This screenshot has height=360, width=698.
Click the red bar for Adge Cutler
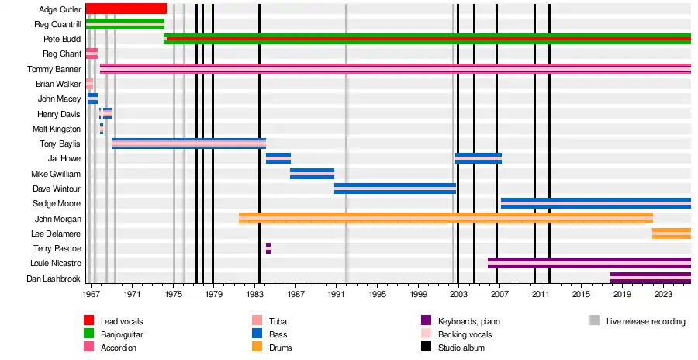[x=126, y=9]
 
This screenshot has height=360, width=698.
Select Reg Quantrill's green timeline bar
[x=125, y=24]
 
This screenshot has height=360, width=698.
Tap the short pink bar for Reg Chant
[x=92, y=54]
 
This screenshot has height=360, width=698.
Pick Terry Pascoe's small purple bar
[x=268, y=248]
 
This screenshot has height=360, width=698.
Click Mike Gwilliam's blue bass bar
[x=312, y=174]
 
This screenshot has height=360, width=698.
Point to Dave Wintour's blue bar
[x=395, y=189]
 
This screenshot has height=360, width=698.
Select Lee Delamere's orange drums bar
[x=671, y=234]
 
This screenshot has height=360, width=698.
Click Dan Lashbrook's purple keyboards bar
[x=650, y=278]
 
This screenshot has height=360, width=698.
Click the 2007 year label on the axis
[x=499, y=295]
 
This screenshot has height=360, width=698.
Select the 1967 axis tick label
[x=92, y=295]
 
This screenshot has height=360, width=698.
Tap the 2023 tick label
[x=663, y=295]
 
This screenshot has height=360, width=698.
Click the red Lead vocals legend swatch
[x=89, y=320]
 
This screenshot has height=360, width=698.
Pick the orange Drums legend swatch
[x=256, y=348]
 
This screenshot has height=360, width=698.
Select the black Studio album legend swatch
[x=426, y=348]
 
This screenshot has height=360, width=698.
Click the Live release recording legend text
[x=645, y=321]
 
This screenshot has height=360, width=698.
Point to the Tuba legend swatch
[x=256, y=320]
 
